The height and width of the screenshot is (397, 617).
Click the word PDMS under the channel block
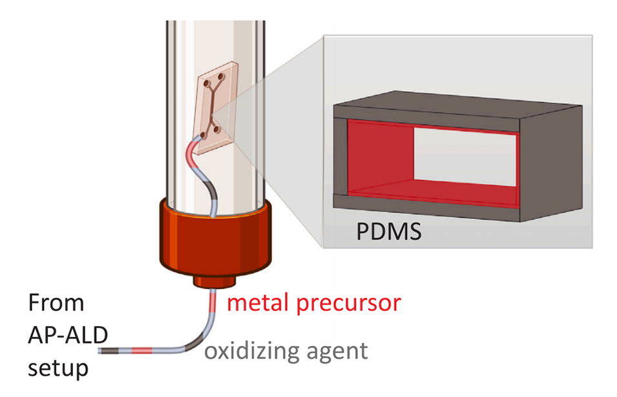(388, 230)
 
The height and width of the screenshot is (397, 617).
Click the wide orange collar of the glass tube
(213, 239)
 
